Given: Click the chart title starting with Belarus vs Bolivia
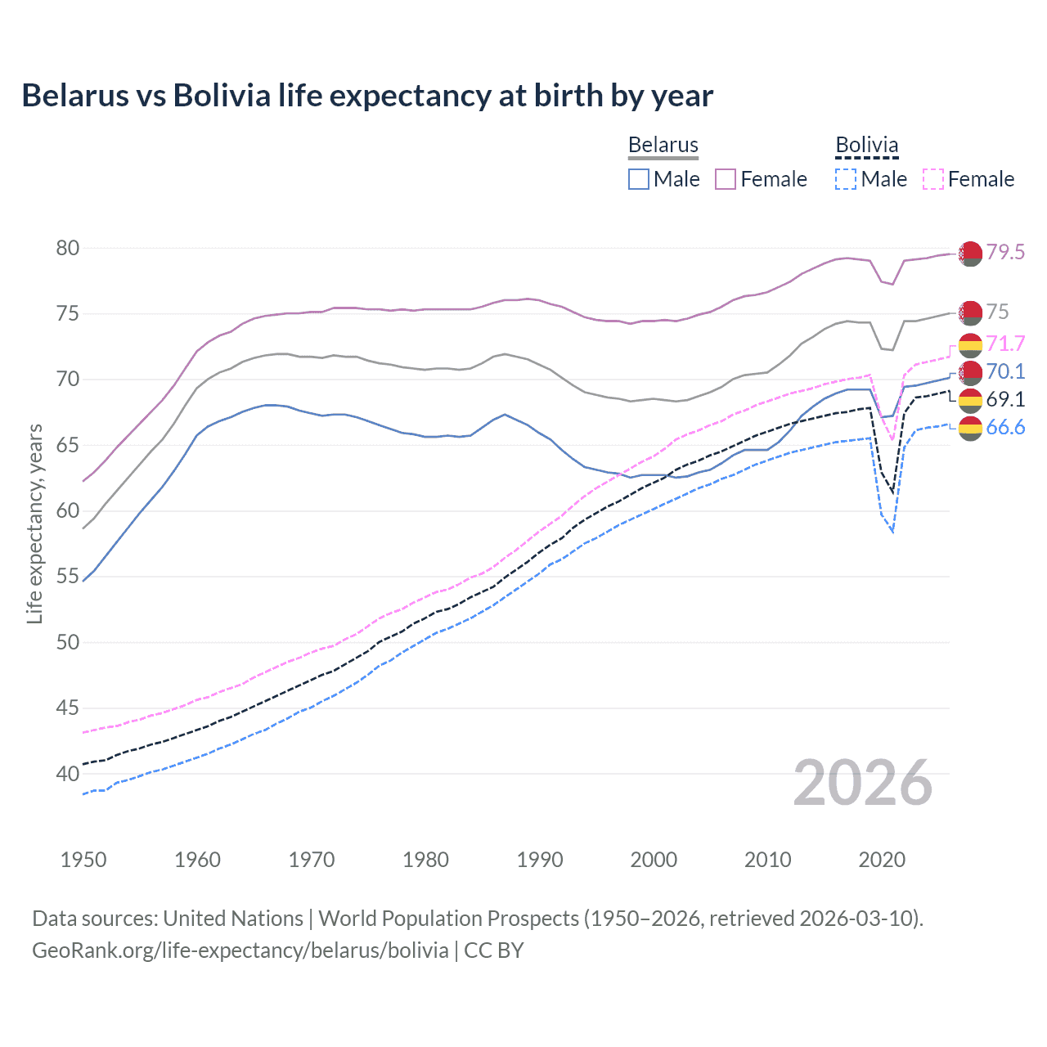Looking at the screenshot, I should (x=367, y=96).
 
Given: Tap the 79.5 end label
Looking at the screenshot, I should (x=1005, y=252).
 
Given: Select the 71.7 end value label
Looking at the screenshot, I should (x=1005, y=344).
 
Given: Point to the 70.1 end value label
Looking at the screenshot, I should (x=1005, y=371).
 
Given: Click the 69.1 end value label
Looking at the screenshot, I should (x=1005, y=399).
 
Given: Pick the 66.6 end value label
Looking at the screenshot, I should (x=1005, y=427).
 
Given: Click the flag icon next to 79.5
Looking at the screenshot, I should (x=970, y=254).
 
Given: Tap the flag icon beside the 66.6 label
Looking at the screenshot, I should (x=970, y=428).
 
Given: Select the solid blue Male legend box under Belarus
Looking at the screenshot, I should (x=639, y=179).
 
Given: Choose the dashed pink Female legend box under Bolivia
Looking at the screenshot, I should (x=933, y=179).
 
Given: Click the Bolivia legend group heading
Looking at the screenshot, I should (x=867, y=146).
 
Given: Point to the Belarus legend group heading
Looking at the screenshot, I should (x=663, y=146).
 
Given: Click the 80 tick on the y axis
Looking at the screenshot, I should (x=68, y=248).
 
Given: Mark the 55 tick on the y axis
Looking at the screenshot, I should (x=68, y=577).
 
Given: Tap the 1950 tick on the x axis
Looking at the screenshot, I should (x=83, y=860).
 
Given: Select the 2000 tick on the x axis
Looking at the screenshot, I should (x=654, y=860).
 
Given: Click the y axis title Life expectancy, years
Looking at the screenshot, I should (x=34, y=523).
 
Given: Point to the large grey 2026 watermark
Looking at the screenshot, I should (x=863, y=783).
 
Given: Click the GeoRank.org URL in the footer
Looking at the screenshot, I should (x=240, y=950).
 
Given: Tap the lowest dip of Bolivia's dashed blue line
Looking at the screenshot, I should (x=892, y=532).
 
